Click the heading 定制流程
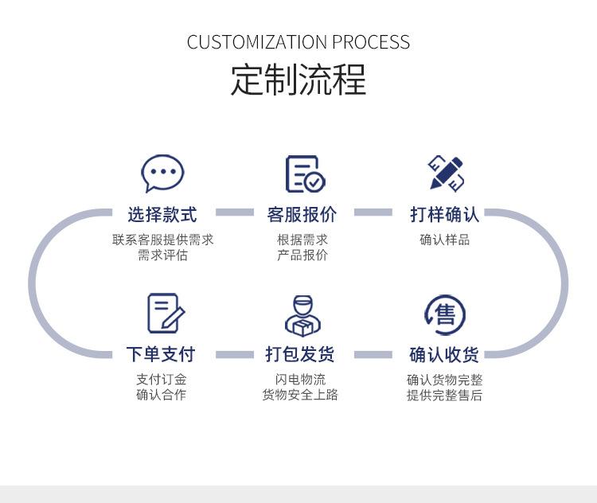298,80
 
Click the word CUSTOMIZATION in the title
257,42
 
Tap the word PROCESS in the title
371,42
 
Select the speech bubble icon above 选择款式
162,174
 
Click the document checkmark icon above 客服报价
306,174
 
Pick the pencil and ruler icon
446,173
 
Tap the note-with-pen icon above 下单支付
166,313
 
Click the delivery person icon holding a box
302,316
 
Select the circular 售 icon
445,314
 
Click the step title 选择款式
162,215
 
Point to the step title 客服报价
302,215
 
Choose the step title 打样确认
444,215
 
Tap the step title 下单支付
161,354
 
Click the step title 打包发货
300,354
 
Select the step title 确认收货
444,355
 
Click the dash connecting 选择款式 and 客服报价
235,213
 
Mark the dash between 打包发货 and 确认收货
373,355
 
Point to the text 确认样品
444,240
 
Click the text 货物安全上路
300,395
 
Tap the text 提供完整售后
444,396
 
